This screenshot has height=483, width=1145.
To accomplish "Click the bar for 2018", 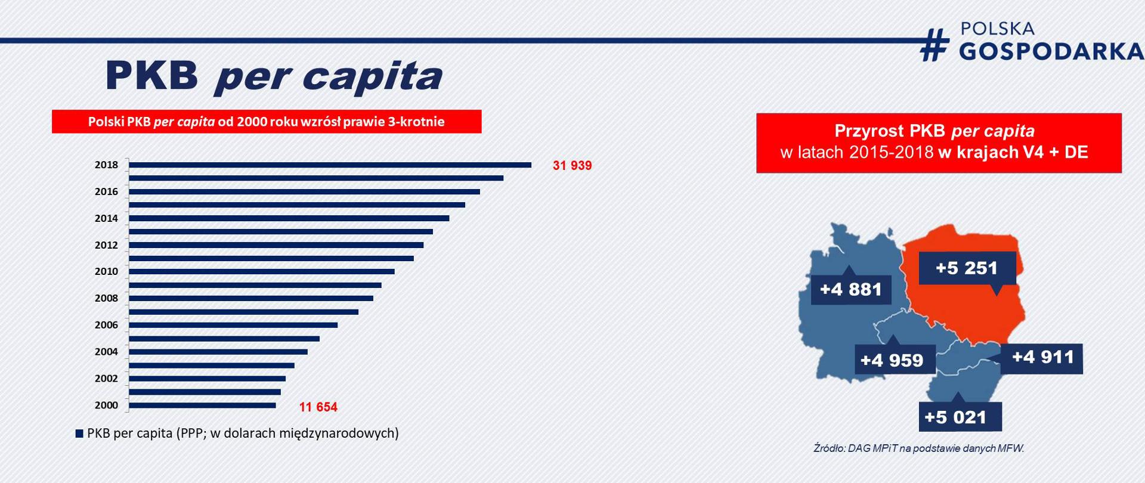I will pyautogui.click(x=330, y=165).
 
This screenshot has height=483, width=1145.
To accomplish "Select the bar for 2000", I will pyautogui.click(x=202, y=405).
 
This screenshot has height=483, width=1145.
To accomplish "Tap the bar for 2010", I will pyautogui.click(x=262, y=271).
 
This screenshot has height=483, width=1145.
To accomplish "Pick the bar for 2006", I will pyautogui.click(x=233, y=325).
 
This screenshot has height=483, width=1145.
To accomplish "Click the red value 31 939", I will pyautogui.click(x=572, y=166).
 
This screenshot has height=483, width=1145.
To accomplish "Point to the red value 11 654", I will pyautogui.click(x=318, y=407).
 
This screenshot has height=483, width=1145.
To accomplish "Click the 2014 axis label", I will pyautogui.click(x=106, y=218).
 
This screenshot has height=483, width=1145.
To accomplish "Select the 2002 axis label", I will pyautogui.click(x=106, y=378).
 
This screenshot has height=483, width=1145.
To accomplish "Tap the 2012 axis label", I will pyautogui.click(x=106, y=245).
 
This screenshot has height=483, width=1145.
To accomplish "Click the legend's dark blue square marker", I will pyautogui.click(x=79, y=434).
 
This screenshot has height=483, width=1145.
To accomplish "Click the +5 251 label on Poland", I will pyautogui.click(x=967, y=268).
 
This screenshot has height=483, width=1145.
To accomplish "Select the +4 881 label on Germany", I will pyautogui.click(x=850, y=290).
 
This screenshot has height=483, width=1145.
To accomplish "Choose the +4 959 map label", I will pyautogui.click(x=892, y=360).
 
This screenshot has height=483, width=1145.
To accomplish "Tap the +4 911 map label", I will pyautogui.click(x=1042, y=357).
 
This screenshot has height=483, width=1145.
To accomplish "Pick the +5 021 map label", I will pyautogui.click(x=955, y=417).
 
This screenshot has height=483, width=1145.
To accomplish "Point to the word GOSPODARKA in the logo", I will pyautogui.click(x=1051, y=52).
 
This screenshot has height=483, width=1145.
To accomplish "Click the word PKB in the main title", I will pyautogui.click(x=151, y=76).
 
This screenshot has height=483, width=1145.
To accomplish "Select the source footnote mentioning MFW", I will pyautogui.click(x=918, y=448).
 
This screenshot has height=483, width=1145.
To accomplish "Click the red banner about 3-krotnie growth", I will pyautogui.click(x=266, y=122).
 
